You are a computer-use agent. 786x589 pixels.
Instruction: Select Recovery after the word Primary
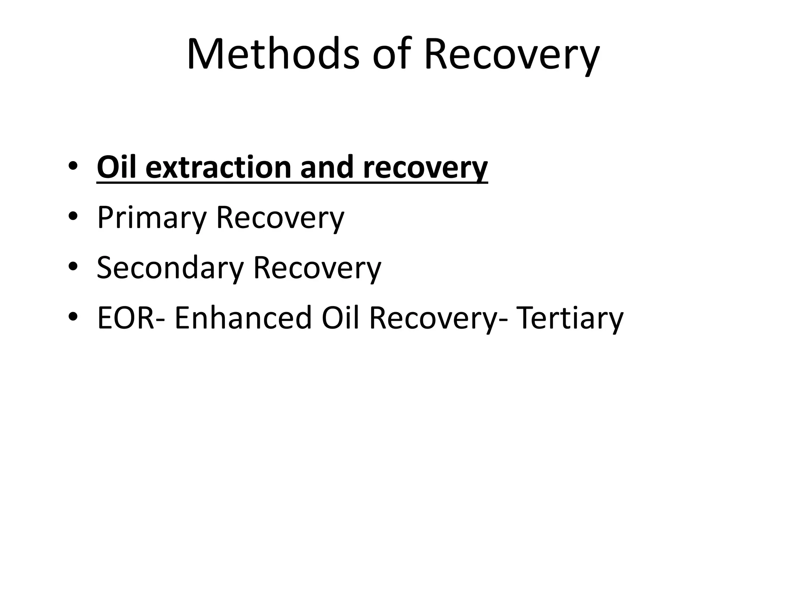coord(280,218)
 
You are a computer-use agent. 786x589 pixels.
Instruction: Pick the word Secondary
coord(170,267)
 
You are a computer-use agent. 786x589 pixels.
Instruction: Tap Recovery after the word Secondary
coord(317,268)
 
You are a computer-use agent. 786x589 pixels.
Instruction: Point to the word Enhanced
coord(243,318)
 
